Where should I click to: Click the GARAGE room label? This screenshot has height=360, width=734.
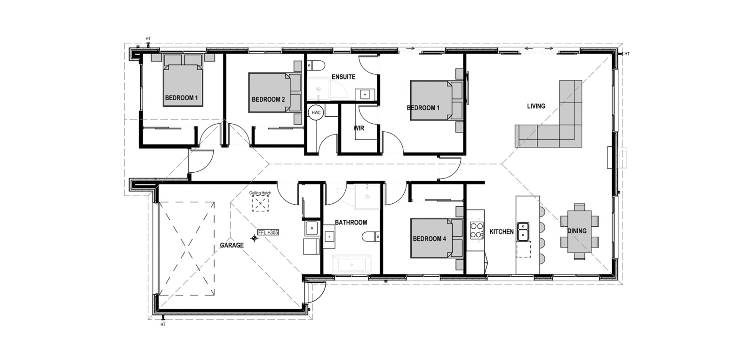click(x=231, y=245)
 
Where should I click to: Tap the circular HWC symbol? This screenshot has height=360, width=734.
click(x=316, y=112)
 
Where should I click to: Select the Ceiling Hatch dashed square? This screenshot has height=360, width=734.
click(x=260, y=203)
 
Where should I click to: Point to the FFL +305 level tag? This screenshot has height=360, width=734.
click(x=268, y=232)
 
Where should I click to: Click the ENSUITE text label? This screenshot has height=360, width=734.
click(x=343, y=77)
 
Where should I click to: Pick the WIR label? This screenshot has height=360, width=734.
click(x=359, y=128)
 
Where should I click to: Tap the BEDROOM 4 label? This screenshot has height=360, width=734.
click(x=429, y=239)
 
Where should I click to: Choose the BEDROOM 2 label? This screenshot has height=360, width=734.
click(x=268, y=99)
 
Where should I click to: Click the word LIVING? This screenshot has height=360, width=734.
click(x=536, y=106)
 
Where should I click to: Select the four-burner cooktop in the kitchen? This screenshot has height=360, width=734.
click(x=476, y=230)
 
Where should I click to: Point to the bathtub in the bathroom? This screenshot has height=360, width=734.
click(x=351, y=264)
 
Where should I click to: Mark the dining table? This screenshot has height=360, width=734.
click(x=579, y=232)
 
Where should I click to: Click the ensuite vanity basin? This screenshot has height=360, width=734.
click(x=365, y=95)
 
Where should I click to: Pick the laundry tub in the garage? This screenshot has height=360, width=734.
click(x=311, y=228)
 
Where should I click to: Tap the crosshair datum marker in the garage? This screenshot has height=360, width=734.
click(x=254, y=238)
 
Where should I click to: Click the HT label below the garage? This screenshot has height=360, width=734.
click(x=163, y=325)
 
